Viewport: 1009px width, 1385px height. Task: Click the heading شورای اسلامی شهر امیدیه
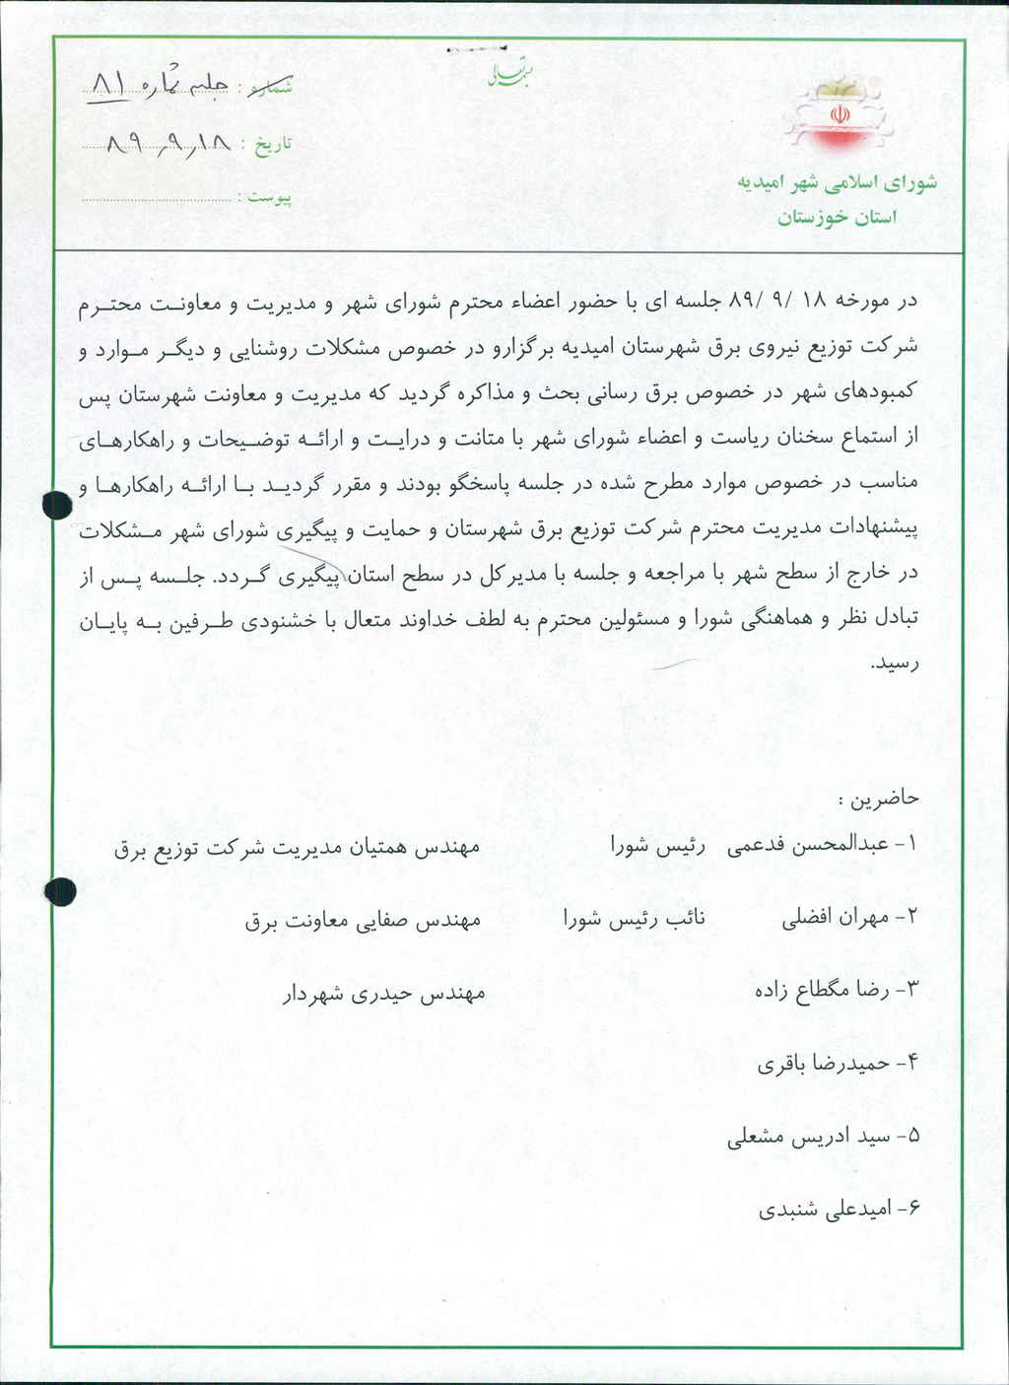tap(837, 183)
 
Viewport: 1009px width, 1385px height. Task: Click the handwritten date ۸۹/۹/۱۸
tap(168, 144)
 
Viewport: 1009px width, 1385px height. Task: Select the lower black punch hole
tap(61, 890)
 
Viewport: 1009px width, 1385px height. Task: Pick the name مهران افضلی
tap(835, 918)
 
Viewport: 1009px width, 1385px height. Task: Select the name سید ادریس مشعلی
tap(808, 1137)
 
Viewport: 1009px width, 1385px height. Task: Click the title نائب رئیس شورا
tap(634, 919)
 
